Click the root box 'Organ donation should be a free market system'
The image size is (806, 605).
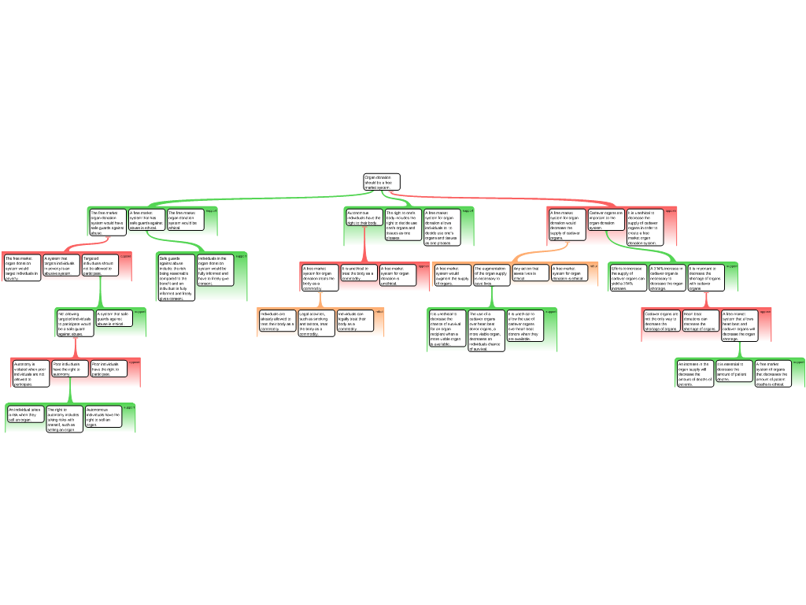coord(382,182)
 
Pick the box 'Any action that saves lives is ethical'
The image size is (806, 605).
coord(531,273)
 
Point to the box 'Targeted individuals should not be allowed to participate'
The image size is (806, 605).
coord(99,265)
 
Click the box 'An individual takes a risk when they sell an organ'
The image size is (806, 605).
coord(24,415)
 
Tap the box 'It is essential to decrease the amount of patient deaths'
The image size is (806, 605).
coord(734,369)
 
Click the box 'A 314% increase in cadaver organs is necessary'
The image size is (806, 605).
coord(667,278)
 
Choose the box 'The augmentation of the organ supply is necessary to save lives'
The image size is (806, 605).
coord(492,276)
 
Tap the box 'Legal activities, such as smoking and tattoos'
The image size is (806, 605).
coord(316,323)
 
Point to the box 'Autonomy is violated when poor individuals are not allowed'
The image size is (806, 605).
coord(30,373)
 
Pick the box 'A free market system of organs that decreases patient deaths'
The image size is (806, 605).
coord(773,373)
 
